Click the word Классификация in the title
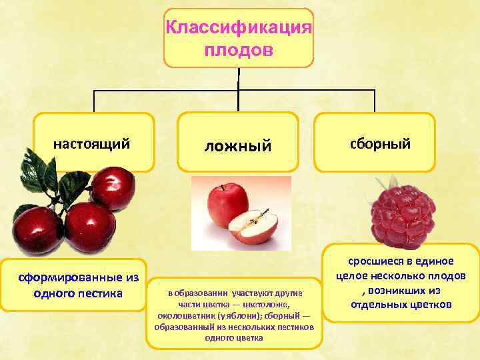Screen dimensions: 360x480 point(239,28)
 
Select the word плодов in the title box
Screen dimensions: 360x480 point(239,51)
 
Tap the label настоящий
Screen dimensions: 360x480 point(91,143)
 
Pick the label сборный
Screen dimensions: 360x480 point(374,143)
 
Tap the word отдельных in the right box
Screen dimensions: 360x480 point(379,305)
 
